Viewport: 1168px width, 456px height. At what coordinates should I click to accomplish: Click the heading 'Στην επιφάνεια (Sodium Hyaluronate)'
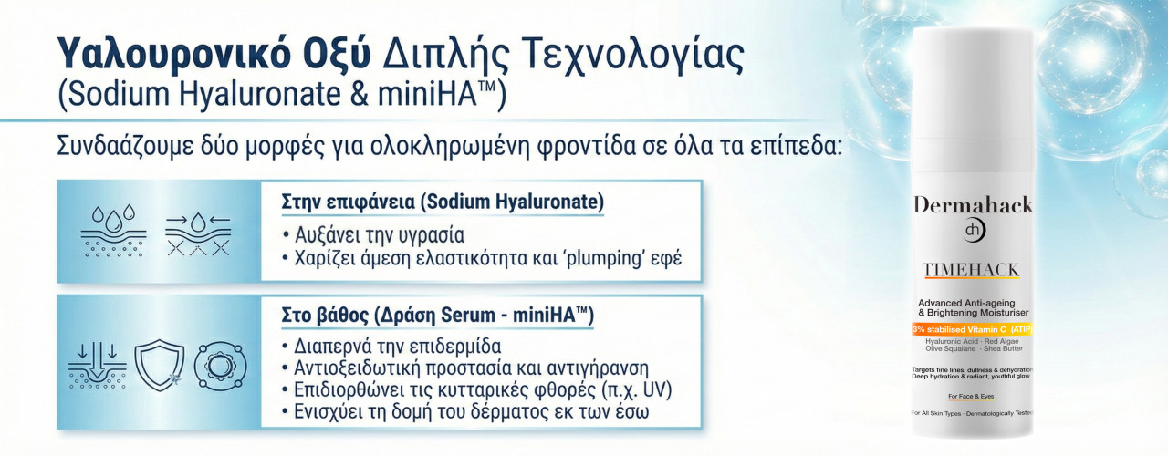[x=443, y=201]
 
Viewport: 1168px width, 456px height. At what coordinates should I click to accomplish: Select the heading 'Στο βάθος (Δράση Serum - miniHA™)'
[x=437, y=316]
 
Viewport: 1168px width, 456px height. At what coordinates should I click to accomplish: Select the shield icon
[x=159, y=364]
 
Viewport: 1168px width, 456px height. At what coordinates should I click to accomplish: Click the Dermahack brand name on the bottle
[x=973, y=204]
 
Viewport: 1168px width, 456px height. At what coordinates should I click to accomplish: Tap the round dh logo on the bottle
[x=972, y=233]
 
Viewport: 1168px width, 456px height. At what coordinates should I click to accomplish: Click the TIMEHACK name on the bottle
[x=971, y=271]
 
